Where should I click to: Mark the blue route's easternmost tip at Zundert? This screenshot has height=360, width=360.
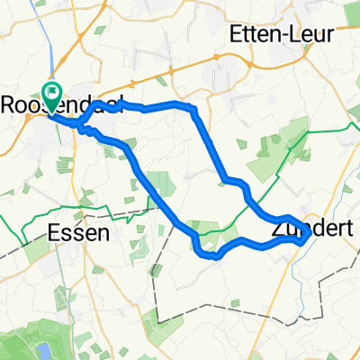click(x=310, y=233)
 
